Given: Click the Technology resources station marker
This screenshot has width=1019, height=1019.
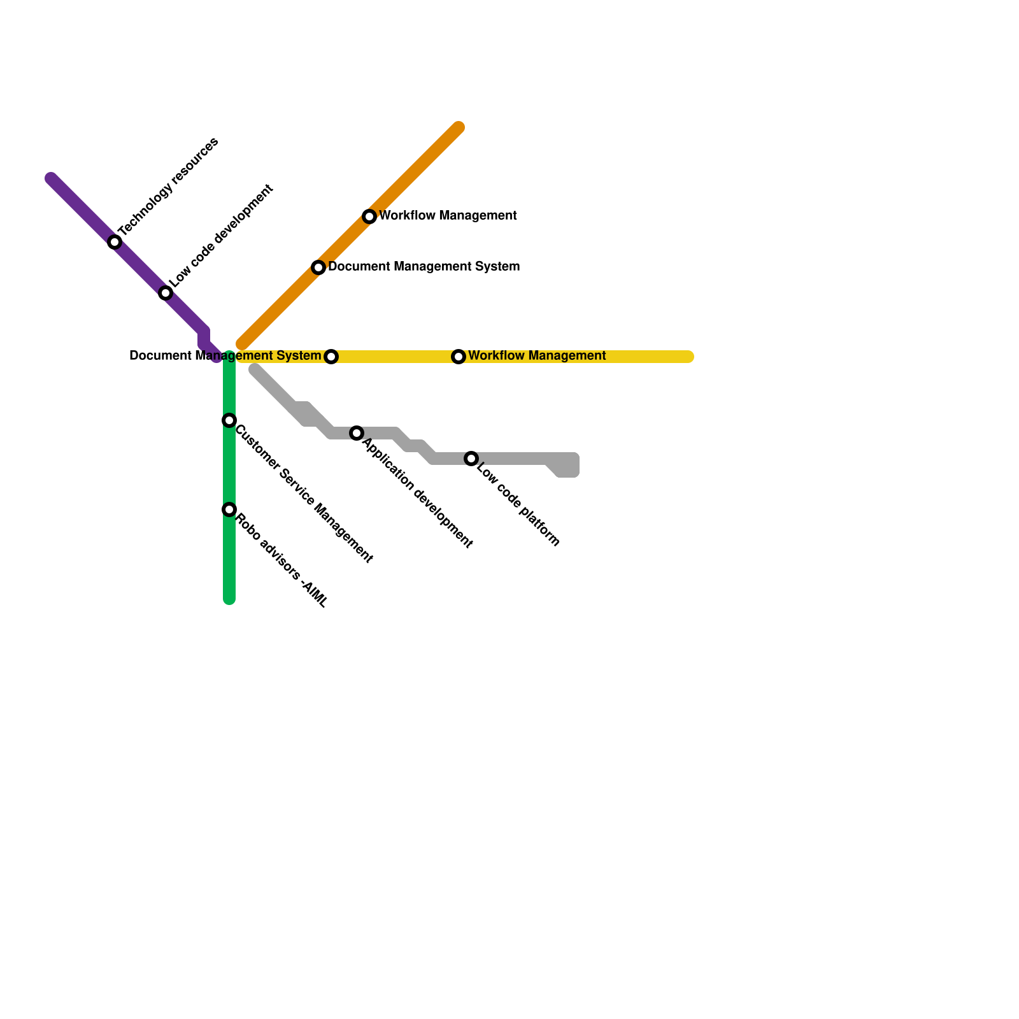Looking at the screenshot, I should pos(115,242).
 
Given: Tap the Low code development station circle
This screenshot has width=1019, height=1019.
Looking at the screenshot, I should pos(166,293).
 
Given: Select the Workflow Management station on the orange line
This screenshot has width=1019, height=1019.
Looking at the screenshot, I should pos(369,217).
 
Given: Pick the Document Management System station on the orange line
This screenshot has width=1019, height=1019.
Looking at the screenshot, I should pos(318,267).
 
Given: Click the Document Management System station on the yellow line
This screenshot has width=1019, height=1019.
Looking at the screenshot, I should pos(331,357).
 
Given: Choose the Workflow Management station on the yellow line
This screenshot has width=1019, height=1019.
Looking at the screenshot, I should pos(459,357).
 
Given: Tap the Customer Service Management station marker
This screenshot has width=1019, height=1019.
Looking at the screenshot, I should pos(229,420).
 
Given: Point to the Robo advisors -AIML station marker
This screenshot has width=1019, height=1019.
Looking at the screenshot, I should pos(229,509).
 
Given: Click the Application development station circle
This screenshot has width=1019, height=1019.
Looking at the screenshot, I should pos(357,433).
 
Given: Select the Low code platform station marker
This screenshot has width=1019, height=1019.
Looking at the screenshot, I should pos(471,459).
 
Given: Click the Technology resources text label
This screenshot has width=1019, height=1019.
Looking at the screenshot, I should pos(169,186).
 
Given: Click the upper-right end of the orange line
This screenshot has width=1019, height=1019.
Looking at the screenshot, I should pos(459,127).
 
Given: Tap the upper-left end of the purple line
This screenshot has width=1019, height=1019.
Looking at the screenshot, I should pos(51,178).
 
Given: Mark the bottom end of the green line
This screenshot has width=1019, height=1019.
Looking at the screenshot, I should pos(229,599).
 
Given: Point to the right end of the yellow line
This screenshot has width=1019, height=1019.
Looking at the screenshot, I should pos(688,357).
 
